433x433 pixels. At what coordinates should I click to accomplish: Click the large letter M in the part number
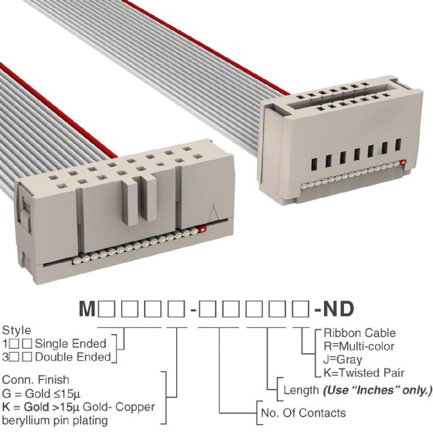coord(88,310)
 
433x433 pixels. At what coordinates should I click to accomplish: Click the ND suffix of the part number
coord(338,310)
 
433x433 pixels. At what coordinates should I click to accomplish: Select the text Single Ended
coord(71,344)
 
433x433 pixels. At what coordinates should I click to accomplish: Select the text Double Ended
coord(73,357)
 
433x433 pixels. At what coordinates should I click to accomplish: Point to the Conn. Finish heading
coord(35,380)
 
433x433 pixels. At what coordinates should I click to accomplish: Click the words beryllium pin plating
coord(55,421)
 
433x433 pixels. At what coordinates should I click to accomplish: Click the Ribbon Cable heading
coord(359,333)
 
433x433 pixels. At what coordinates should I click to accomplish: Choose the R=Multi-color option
coord(359,346)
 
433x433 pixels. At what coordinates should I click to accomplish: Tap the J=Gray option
coord(343,360)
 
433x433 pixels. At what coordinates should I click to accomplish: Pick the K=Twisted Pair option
coord(364,373)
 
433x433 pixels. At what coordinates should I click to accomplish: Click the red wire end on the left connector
coord(202,229)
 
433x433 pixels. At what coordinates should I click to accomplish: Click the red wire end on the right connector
coord(403,161)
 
